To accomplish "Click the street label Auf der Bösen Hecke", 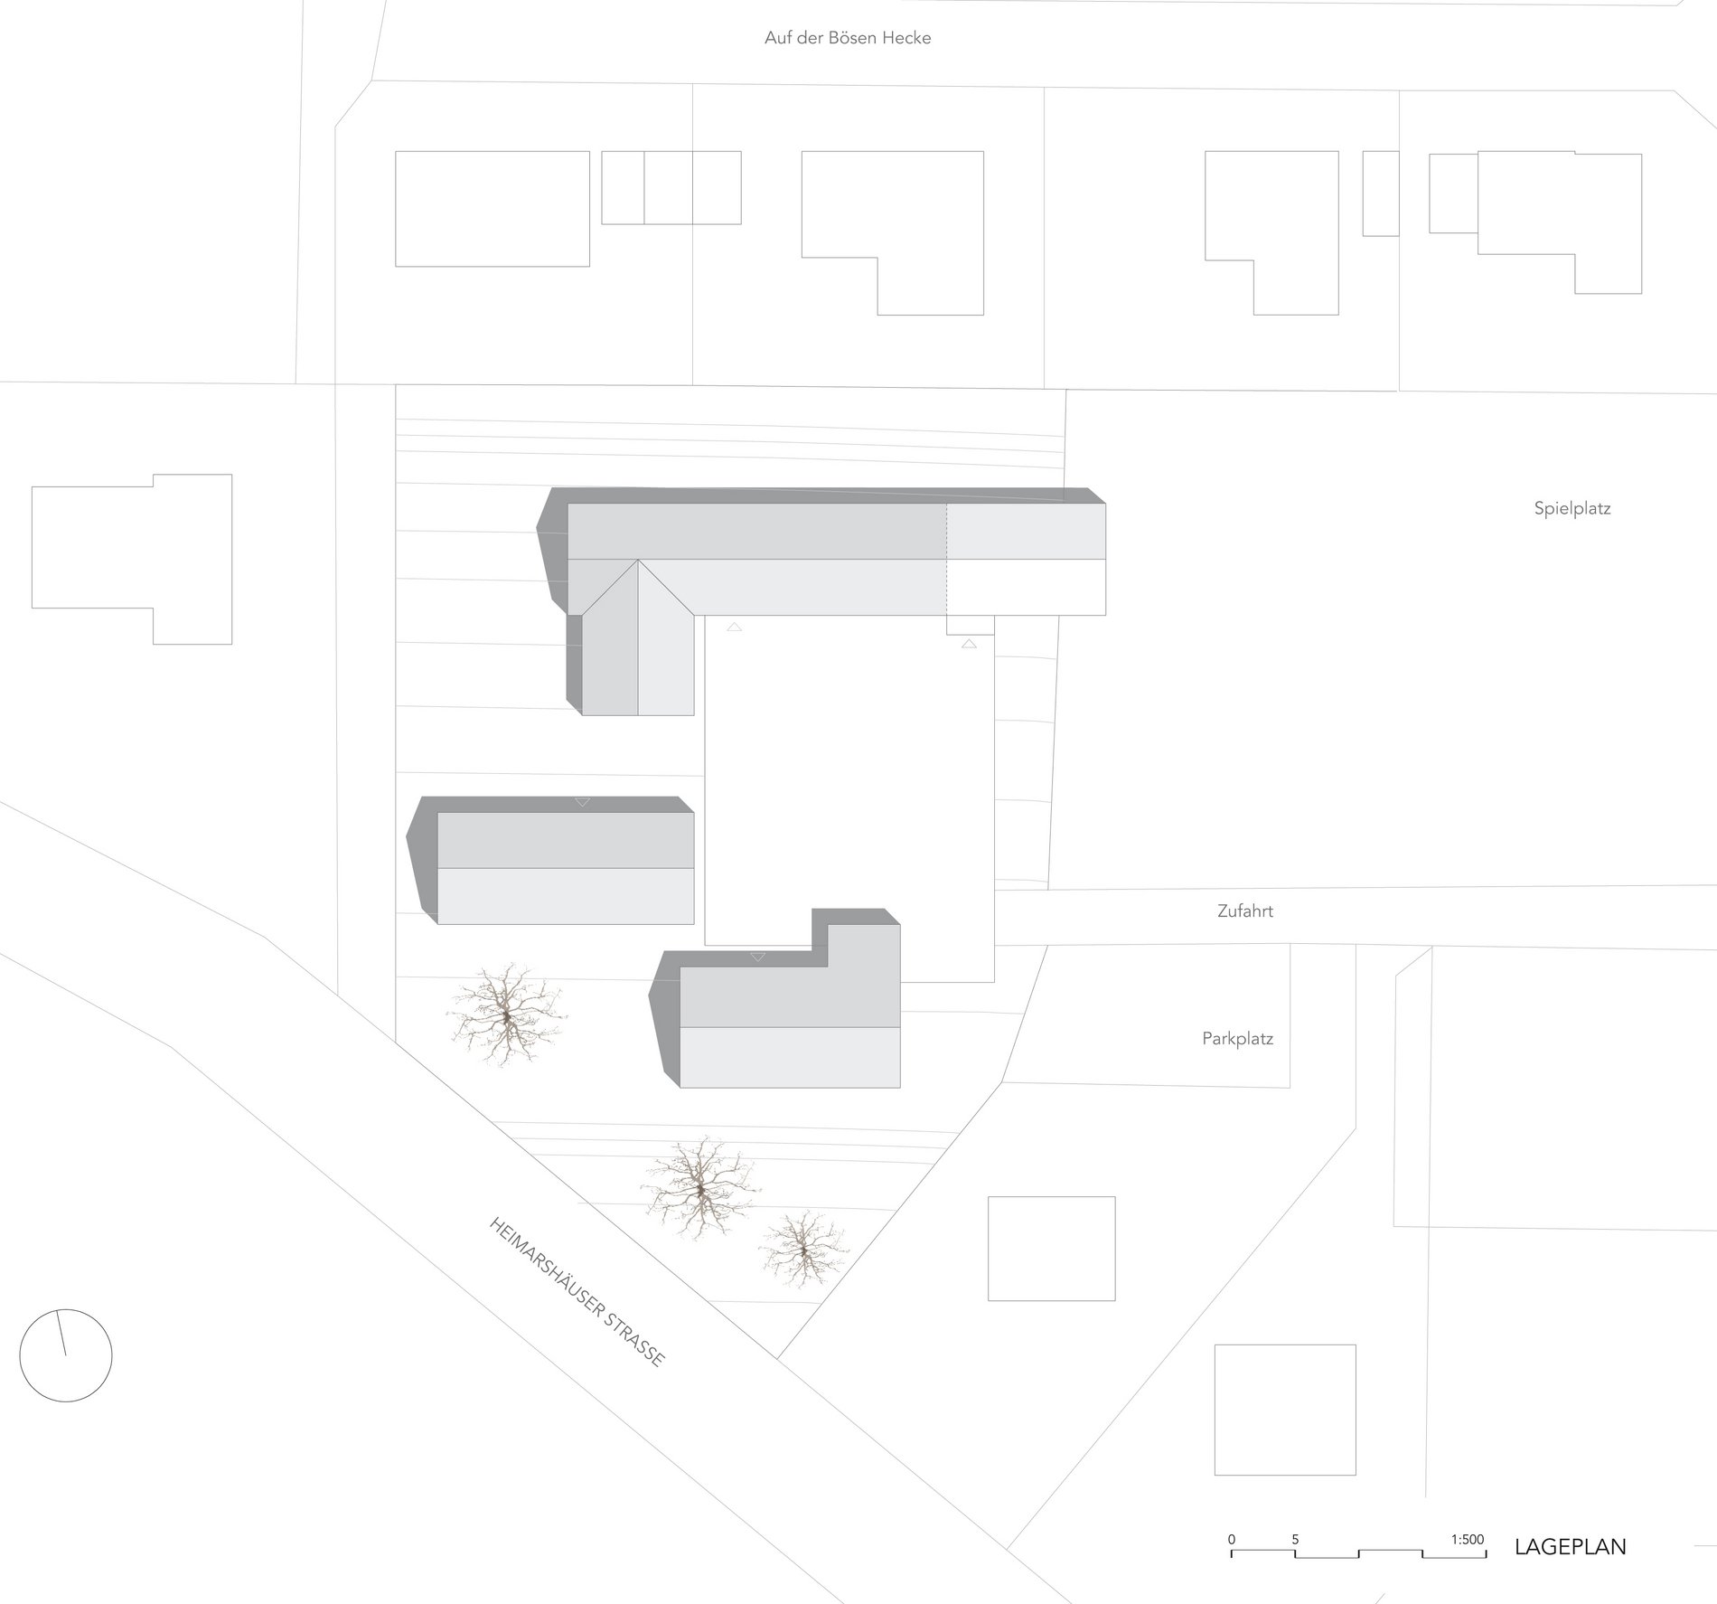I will (x=847, y=38).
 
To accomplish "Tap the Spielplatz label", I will (x=1572, y=508).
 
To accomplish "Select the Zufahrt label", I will (x=1244, y=911).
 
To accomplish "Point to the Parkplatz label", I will (x=1237, y=1039).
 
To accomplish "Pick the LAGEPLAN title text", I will (x=1570, y=1546).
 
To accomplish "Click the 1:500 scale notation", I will (x=1468, y=1539).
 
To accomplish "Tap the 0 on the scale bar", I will (x=1231, y=1539).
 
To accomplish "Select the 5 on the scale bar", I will (x=1295, y=1539).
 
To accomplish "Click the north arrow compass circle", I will (x=66, y=1355).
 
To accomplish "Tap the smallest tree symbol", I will (x=803, y=1250).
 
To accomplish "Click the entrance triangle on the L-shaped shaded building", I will (x=757, y=957).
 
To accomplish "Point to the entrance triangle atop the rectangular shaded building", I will (x=582, y=802).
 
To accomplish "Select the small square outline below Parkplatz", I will (x=1051, y=1248).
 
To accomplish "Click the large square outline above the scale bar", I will (x=1284, y=1422).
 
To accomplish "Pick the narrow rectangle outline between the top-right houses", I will (x=1380, y=193).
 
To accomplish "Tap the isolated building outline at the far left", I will (x=132, y=559).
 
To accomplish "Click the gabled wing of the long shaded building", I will (x=638, y=651).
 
